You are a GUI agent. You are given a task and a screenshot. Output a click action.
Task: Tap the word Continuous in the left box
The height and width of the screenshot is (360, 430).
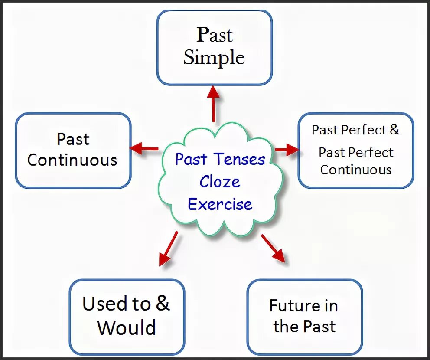(72, 160)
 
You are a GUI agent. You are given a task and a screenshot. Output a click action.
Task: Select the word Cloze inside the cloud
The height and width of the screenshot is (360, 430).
(220, 182)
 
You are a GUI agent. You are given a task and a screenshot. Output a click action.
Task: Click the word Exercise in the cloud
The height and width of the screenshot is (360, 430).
(220, 204)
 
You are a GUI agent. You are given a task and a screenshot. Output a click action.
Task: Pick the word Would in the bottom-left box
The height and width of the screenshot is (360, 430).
(127, 327)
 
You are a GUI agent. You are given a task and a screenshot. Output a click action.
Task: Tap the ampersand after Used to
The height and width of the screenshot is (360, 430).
(162, 303)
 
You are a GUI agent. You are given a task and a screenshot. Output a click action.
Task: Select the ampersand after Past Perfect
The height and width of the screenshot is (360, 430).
(394, 130)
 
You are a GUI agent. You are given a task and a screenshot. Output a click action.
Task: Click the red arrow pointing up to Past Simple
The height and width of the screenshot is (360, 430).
(213, 104)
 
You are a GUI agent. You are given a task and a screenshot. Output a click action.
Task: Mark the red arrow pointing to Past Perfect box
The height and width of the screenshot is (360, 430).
(287, 150)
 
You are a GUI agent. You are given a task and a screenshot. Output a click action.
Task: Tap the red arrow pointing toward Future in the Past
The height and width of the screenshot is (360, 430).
(273, 248)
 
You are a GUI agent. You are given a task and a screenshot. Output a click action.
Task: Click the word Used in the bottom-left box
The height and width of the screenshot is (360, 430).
(105, 304)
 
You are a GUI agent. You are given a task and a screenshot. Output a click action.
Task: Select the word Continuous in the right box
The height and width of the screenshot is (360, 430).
(356, 170)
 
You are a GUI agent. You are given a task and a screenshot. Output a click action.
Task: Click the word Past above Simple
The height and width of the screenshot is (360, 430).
(215, 35)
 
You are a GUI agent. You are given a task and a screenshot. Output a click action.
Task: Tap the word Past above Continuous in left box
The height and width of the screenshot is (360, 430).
(73, 139)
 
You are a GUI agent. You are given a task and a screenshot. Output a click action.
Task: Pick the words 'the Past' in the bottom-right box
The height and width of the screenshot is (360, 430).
(304, 326)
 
